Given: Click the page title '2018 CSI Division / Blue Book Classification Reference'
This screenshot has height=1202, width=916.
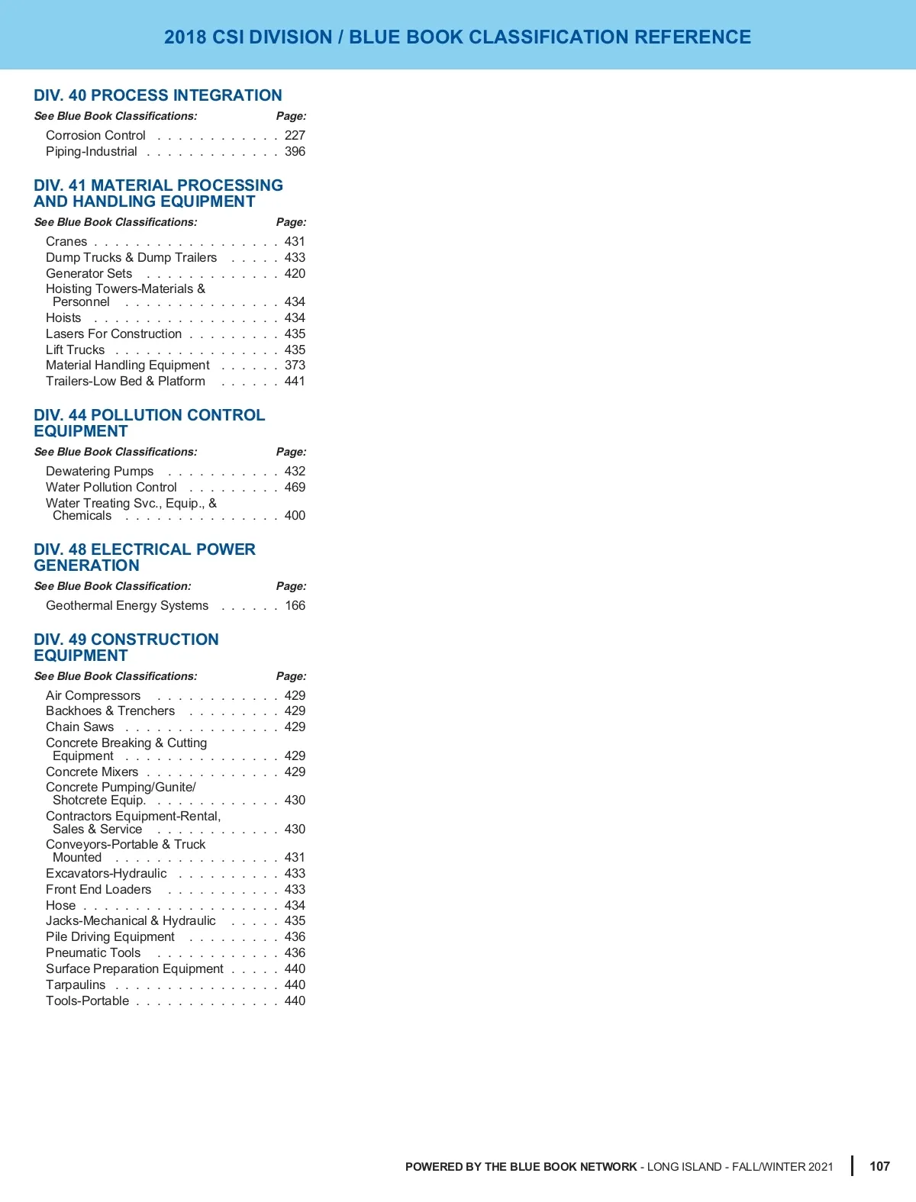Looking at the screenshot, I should tap(457, 37).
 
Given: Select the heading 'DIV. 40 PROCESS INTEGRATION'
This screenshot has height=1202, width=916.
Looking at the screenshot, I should tap(158, 95).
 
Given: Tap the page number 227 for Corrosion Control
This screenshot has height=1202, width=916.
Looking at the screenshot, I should tap(295, 135).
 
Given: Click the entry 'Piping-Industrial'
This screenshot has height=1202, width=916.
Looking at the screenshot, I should tap(92, 151).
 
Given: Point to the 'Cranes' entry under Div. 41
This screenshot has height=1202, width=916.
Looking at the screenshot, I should tap(66, 241).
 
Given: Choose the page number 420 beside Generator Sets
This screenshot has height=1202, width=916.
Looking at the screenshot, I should tap(295, 273).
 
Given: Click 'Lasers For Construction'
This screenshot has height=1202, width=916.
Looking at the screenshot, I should tap(114, 334).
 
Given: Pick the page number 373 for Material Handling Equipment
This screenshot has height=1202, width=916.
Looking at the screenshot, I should tap(295, 365).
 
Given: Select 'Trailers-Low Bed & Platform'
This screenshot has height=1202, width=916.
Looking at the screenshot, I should tap(125, 381).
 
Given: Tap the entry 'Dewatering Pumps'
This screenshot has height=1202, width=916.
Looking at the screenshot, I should tap(99, 471).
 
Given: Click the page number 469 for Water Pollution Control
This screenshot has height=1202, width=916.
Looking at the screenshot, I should tap(295, 487).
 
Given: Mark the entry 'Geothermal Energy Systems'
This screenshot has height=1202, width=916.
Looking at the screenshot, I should tap(127, 605).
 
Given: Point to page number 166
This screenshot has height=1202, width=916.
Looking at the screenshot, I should tap(295, 605).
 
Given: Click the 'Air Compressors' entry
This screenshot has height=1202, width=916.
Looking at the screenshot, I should tap(93, 695).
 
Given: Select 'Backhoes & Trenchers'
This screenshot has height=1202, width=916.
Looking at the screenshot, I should tap(110, 711).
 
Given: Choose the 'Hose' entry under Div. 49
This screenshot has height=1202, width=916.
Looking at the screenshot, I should tap(60, 905).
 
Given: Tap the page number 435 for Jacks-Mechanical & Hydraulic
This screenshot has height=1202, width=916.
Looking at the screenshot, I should tap(295, 920).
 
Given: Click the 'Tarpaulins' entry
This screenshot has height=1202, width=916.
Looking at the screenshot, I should tap(76, 984).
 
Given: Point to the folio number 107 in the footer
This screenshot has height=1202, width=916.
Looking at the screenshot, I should tap(879, 1166).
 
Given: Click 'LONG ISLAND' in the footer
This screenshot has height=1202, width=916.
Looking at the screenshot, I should tap(684, 1167).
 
